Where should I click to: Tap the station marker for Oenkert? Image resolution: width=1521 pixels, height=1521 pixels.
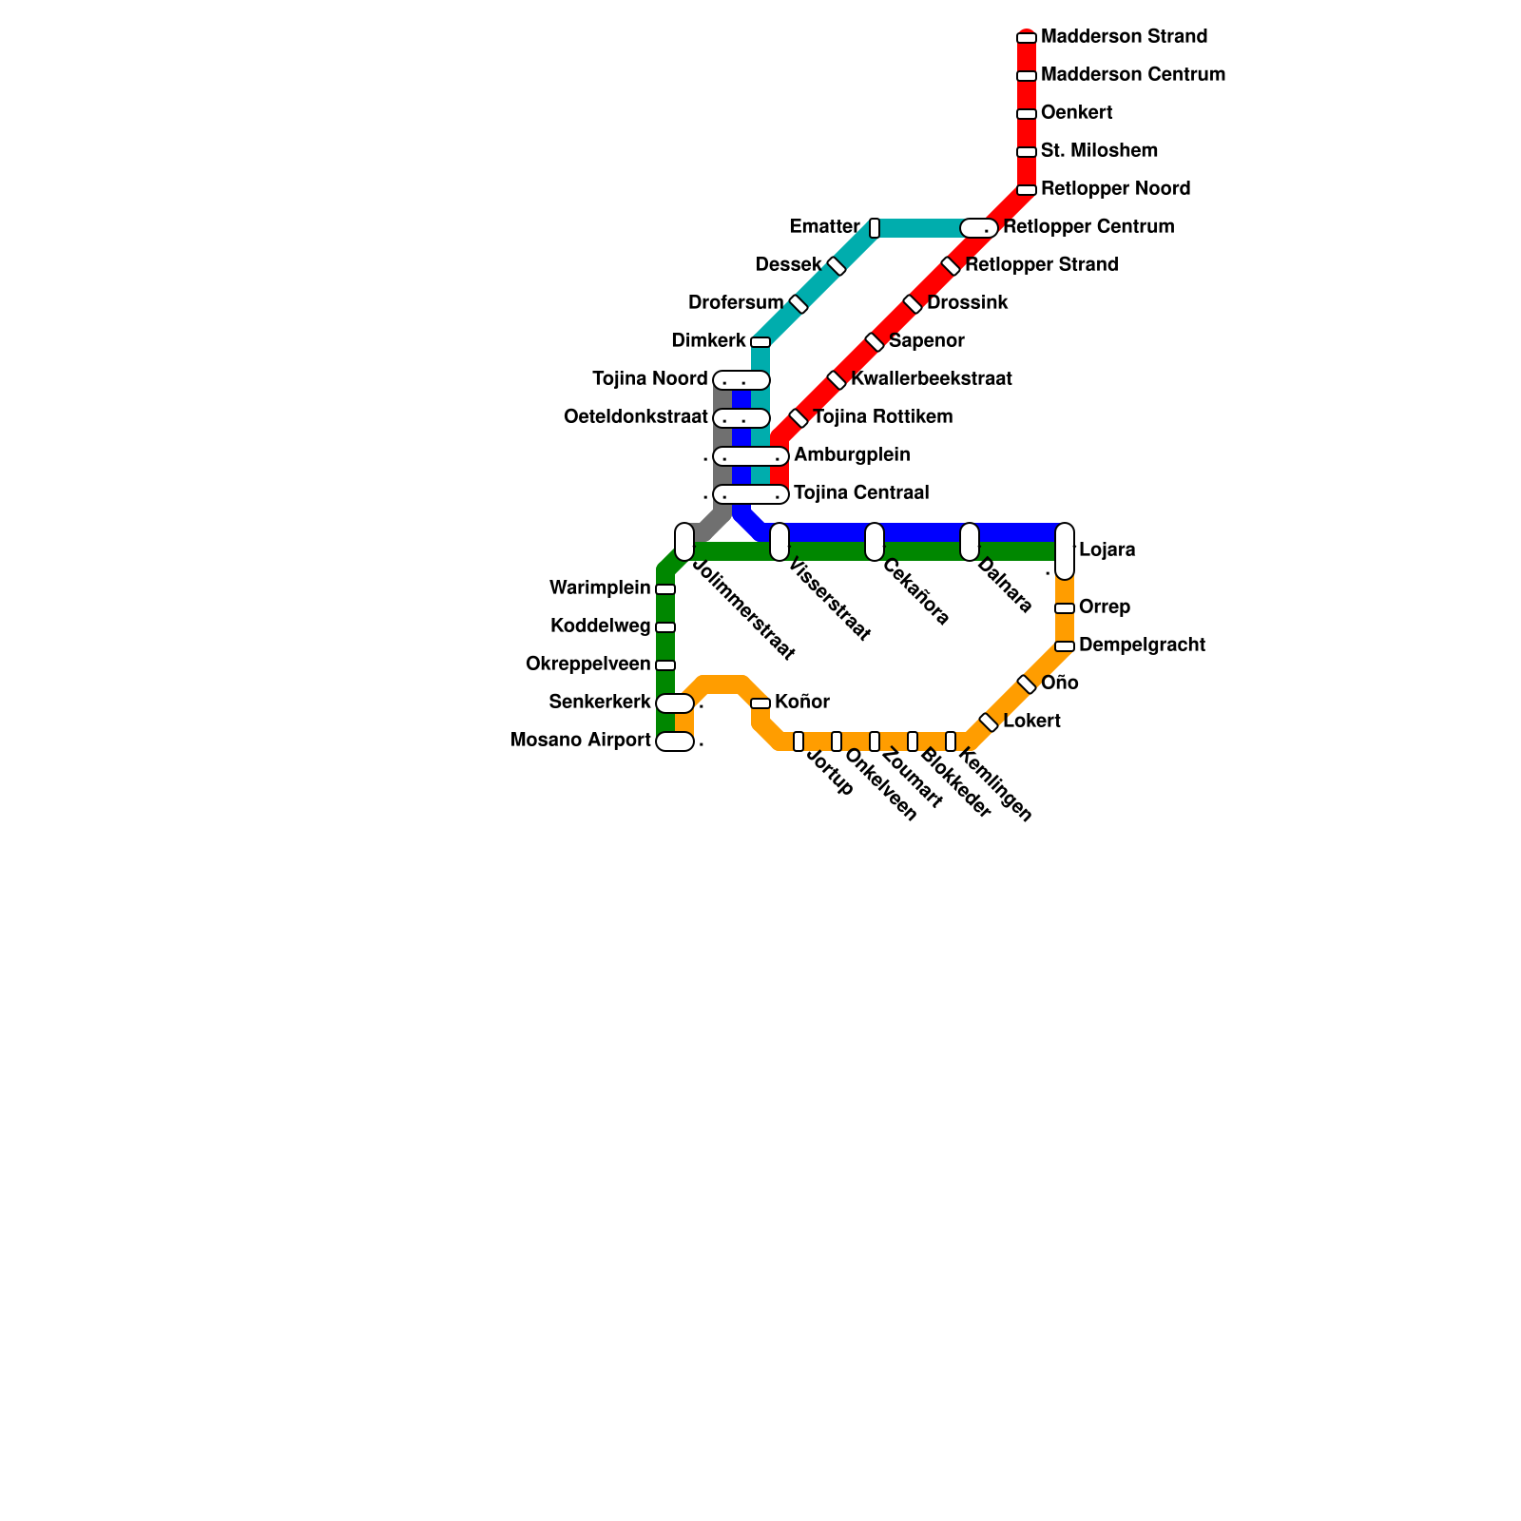point(1027,114)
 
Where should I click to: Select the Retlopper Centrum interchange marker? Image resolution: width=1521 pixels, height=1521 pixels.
point(979,228)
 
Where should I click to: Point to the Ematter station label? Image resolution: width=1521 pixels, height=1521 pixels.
point(824,227)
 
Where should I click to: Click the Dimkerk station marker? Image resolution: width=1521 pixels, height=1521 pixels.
point(760,342)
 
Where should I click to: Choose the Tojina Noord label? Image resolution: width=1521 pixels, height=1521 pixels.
point(650,379)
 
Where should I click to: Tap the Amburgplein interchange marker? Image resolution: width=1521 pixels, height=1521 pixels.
point(751,456)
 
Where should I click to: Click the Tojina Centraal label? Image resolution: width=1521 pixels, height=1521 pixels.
point(861,493)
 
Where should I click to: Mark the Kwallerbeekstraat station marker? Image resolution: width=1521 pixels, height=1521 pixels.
point(837,380)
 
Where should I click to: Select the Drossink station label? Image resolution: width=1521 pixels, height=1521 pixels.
point(967,303)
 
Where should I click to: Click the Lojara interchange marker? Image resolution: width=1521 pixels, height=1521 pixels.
point(1065,550)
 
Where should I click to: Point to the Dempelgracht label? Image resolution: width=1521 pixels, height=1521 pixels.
point(1142,645)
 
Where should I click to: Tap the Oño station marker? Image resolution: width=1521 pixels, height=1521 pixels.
point(1027,684)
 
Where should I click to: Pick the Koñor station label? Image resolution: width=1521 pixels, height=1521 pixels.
point(802,703)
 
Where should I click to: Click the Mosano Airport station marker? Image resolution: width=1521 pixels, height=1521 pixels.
point(675,741)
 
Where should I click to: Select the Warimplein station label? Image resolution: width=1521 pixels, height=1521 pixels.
point(600,588)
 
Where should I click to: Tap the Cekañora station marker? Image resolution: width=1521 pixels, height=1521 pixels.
point(875,542)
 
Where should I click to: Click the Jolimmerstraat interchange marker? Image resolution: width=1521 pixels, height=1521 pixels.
point(684,542)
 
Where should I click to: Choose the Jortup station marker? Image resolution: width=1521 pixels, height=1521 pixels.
point(799,741)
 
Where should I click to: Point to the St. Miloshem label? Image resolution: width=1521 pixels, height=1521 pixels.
point(1099,151)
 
